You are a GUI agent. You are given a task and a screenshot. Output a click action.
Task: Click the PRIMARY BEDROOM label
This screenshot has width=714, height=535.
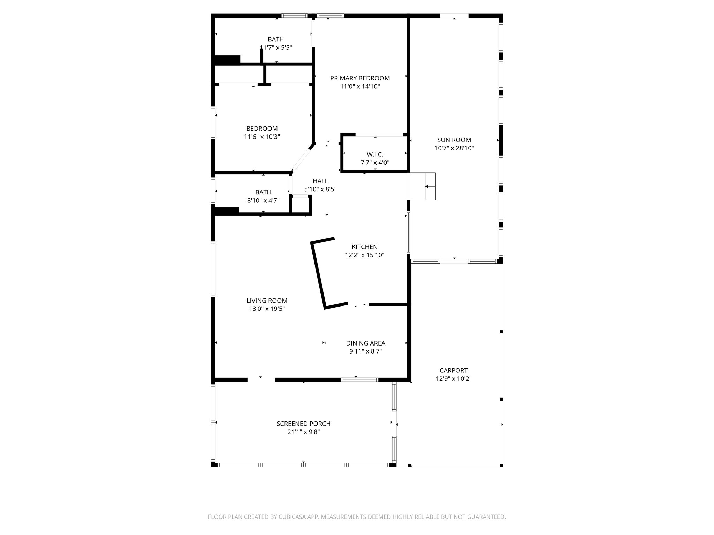coord(360,78)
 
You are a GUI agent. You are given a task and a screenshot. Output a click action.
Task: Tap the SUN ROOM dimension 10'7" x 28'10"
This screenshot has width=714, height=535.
coord(454,148)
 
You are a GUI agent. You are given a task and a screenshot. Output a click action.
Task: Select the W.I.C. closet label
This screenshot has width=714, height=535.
coord(375,154)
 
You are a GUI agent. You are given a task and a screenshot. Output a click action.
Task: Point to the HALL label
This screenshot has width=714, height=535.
coord(320,181)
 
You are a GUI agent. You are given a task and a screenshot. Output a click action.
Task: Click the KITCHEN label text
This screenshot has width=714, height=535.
coord(364,247)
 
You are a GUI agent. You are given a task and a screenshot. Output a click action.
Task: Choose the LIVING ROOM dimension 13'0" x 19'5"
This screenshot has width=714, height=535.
coord(267,309)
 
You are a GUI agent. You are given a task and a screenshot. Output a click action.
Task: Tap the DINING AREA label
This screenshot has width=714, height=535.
coord(365,343)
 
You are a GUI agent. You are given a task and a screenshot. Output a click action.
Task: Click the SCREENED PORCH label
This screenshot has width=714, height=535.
coord(303,424)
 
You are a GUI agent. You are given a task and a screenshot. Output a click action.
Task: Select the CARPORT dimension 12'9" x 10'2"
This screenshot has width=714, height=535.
coord(453,379)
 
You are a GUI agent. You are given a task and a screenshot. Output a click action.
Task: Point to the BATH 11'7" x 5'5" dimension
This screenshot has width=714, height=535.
coord(276,48)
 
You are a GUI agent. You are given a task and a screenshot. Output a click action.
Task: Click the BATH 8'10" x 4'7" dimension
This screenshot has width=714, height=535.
coord(263,200)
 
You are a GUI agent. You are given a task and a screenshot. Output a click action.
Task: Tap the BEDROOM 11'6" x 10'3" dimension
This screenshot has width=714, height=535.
coord(262,137)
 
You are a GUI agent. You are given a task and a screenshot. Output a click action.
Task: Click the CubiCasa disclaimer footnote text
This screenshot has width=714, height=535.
coord(357,517)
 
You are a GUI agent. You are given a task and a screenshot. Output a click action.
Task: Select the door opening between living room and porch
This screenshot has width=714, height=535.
coord(261,380)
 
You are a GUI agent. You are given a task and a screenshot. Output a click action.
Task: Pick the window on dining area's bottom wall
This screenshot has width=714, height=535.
coord(359,380)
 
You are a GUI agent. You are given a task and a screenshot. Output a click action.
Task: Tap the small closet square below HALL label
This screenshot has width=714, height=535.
coord(300,205)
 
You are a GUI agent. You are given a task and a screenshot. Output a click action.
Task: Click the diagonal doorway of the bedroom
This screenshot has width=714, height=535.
coord(301,160)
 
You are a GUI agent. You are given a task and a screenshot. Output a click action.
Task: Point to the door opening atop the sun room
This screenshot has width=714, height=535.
coord(454,16)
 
